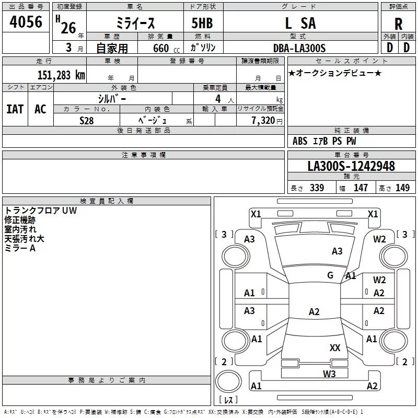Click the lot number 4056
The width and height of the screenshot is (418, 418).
tap(26, 22)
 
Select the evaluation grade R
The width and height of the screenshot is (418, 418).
tap(398, 24)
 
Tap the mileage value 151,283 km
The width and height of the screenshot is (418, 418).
tap(61, 75)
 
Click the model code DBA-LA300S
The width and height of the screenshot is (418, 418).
tap(299, 48)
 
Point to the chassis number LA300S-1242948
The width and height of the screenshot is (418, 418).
tap(351, 166)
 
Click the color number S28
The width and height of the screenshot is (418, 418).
tap(87, 120)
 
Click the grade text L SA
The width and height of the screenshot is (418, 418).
tap(300, 23)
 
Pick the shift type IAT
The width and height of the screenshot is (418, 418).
tap(15, 109)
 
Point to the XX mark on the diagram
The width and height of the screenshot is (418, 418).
tap(335, 347)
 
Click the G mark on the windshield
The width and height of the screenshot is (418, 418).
tap(330, 275)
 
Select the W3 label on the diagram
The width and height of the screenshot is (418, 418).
tap(329, 373)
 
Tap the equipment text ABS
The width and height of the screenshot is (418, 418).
tap(300, 141)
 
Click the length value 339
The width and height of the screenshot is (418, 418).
tap(317, 188)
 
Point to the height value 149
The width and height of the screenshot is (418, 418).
tap(402, 188)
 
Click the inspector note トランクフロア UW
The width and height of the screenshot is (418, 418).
tap(40, 211)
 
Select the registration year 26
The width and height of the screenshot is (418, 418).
tap(68, 28)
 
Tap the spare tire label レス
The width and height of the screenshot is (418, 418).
tap(228, 400)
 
